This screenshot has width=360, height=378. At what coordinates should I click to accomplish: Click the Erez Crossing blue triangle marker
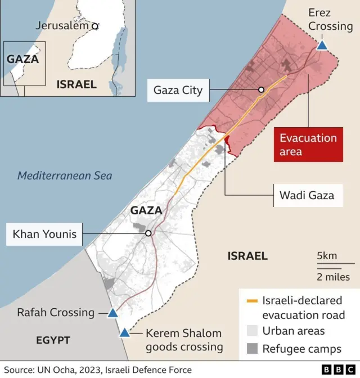pyautogui.click(x=322, y=45)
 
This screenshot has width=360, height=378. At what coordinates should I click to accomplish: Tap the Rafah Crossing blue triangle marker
pyautogui.click(x=112, y=313)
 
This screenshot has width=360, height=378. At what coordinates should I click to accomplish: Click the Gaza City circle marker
pyautogui.click(x=261, y=90)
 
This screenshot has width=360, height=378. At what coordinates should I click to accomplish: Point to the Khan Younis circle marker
pyautogui.click(x=148, y=233)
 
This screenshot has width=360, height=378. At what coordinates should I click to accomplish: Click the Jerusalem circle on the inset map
pyautogui.click(x=95, y=26)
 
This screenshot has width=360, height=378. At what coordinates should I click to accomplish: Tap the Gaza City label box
pyautogui.click(x=178, y=90)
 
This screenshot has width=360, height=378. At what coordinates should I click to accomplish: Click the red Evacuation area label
pyautogui.click(x=308, y=145)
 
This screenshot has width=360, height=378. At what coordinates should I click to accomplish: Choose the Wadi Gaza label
pyautogui.click(x=307, y=195)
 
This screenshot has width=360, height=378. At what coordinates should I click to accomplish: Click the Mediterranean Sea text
pyautogui.click(x=65, y=175)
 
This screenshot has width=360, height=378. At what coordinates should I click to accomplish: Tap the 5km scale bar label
pyautogui.click(x=327, y=256)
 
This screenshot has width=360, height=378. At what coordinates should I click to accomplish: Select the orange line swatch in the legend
pyautogui.click(x=252, y=300)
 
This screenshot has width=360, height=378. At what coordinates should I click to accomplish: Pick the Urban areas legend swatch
pyautogui.click(x=252, y=331)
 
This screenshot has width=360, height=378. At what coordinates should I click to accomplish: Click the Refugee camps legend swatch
pyautogui.click(x=252, y=349)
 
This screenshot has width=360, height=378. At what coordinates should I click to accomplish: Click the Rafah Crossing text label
pyautogui.click(x=56, y=313)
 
